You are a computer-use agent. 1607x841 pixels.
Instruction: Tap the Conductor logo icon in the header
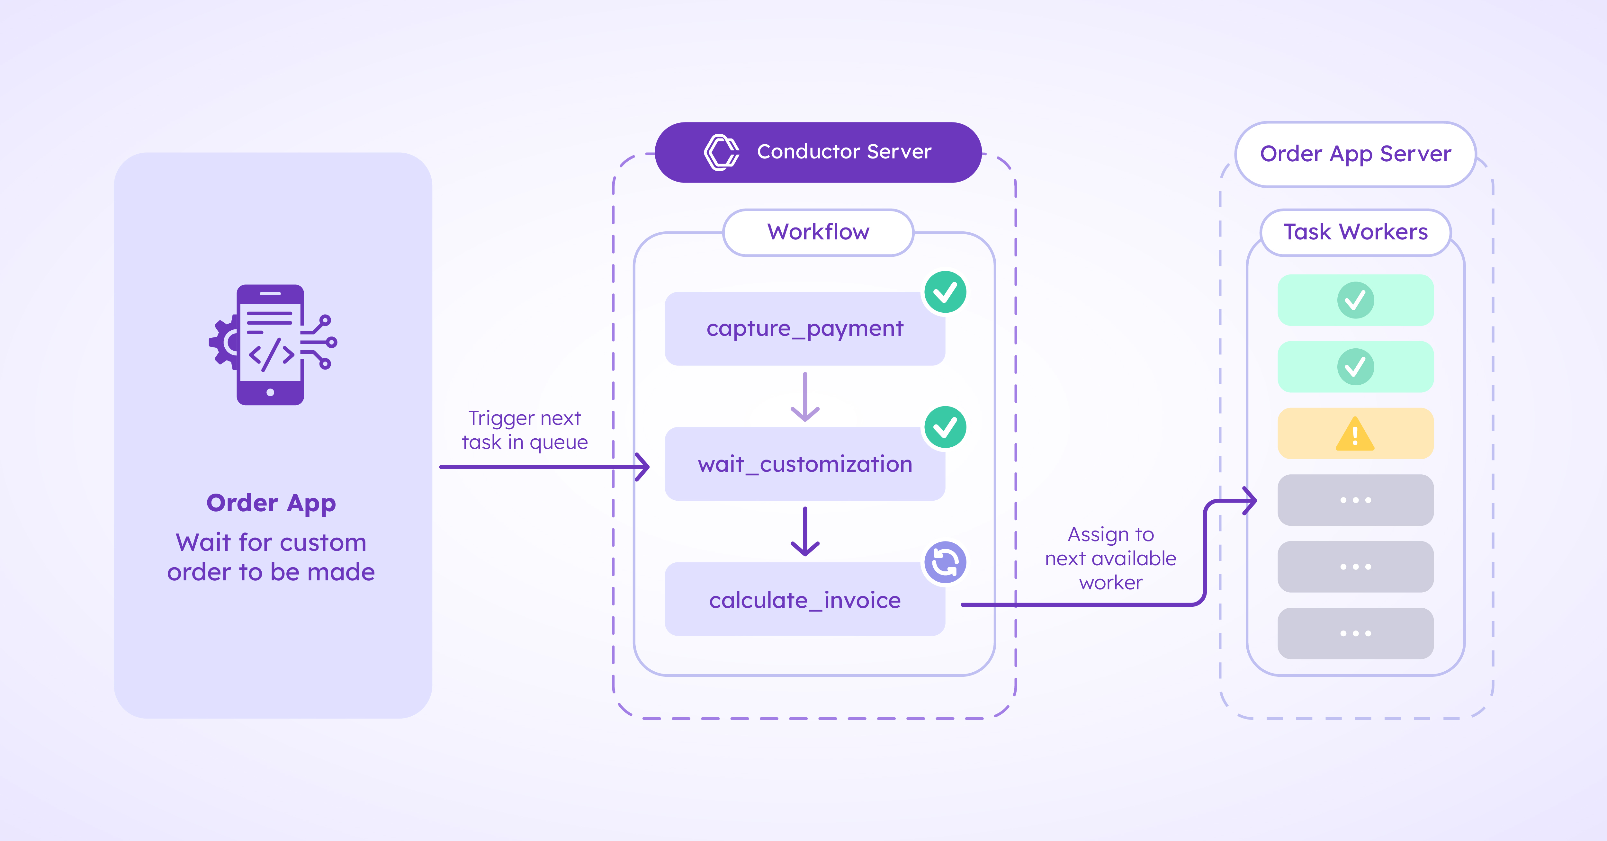[721, 152]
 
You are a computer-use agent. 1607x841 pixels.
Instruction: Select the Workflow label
[818, 232]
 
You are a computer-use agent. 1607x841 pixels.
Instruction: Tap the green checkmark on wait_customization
[945, 427]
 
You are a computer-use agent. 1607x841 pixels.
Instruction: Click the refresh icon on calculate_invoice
[945, 562]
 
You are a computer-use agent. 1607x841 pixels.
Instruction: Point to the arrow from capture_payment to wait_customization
[805, 398]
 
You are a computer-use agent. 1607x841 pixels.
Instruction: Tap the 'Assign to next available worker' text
[1110, 559]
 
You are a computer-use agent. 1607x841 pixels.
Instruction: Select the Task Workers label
[1355, 232]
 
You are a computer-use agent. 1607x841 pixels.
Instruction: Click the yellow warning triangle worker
[1355, 434]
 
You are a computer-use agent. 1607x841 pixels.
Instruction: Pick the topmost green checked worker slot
[1355, 300]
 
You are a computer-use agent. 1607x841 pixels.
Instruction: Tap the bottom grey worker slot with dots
[1355, 633]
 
